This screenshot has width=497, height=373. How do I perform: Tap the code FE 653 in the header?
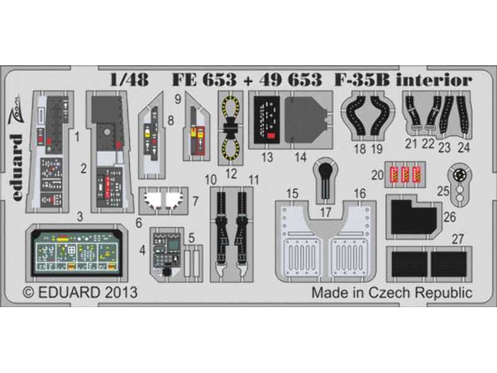[x=204, y=80]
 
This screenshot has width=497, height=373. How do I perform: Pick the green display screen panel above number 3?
[x=78, y=249]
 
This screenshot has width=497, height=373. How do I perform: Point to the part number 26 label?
[x=449, y=217]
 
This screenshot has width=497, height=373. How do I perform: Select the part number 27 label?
[x=458, y=239]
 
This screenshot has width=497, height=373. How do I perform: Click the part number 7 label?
[x=196, y=201]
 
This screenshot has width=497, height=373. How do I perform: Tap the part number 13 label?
[x=268, y=157]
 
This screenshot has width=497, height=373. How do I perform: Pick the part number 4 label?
[x=144, y=252]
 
